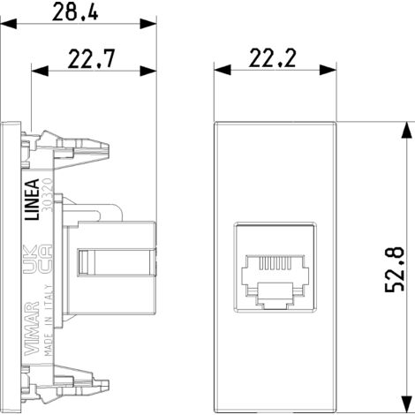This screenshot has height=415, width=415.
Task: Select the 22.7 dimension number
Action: tap(94, 62)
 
